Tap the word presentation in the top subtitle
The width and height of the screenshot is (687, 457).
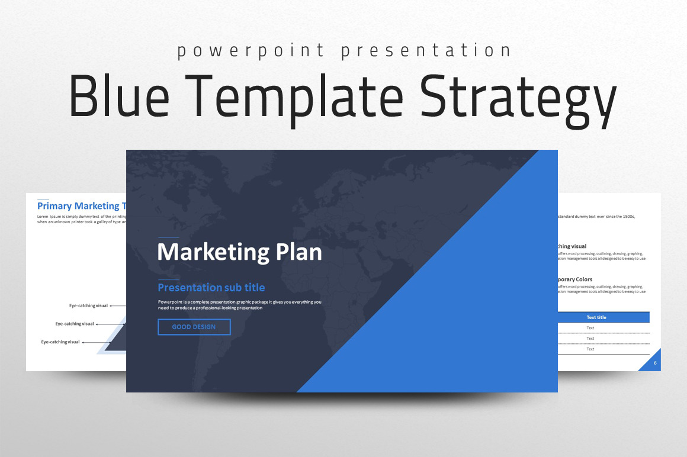pyautogui.click(x=426, y=52)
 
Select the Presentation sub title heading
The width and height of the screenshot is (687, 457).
pyautogui.click(x=211, y=288)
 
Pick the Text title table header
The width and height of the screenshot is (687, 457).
pyautogui.click(x=596, y=317)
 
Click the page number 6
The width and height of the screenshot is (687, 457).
pyautogui.click(x=655, y=363)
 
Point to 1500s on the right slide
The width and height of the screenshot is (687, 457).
pyautogui.click(x=626, y=217)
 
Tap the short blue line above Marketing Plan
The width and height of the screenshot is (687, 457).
pyautogui.click(x=168, y=238)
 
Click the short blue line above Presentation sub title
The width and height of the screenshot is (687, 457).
pyautogui.click(x=168, y=279)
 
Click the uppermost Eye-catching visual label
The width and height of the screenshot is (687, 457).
pyautogui.click(x=88, y=306)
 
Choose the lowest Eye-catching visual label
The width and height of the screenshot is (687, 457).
pyautogui.click(x=60, y=342)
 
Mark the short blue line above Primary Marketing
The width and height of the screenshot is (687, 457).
pyautogui.click(x=43, y=199)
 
